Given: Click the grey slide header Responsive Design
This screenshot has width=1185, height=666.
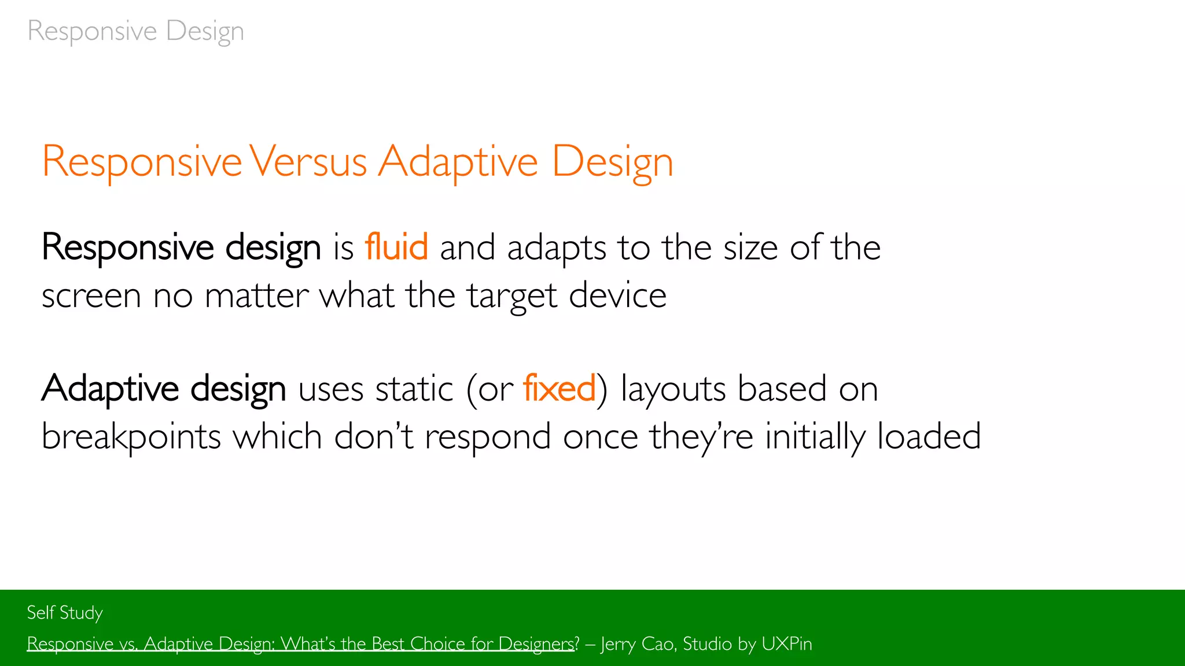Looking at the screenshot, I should click(x=135, y=31).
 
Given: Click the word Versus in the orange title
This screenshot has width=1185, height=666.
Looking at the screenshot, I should click(x=309, y=162).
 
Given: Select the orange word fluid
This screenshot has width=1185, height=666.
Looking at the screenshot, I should click(x=396, y=247).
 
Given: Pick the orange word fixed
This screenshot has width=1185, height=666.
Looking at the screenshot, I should click(x=559, y=388).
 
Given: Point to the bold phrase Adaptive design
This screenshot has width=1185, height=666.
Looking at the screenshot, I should click(x=164, y=389).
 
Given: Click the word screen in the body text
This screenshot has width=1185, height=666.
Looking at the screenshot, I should click(x=91, y=297).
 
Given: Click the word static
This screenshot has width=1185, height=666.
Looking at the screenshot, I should click(x=414, y=388).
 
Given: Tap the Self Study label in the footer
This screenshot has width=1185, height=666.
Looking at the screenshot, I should click(x=65, y=613).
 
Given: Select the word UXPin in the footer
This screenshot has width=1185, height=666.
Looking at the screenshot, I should click(x=786, y=644).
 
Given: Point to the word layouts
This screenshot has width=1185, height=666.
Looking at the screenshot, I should click(x=673, y=389).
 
